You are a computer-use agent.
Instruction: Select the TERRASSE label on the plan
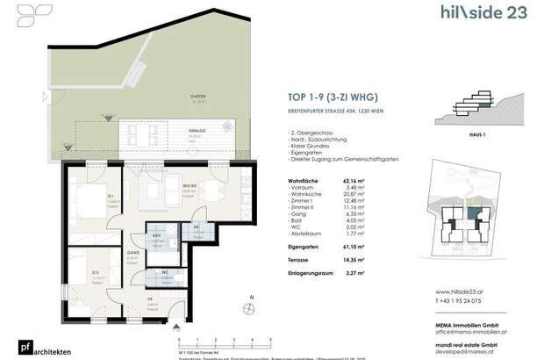coord(183,130)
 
